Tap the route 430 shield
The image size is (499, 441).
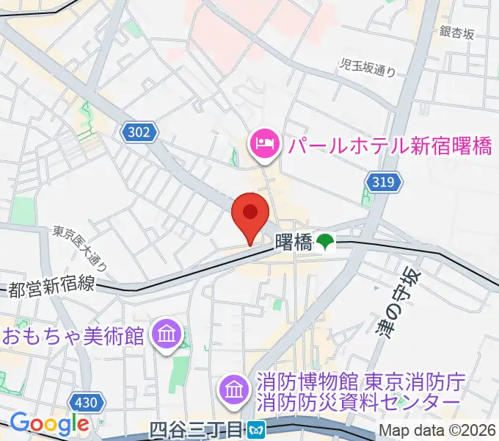point(86,402)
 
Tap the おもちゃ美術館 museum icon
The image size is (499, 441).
point(166,335)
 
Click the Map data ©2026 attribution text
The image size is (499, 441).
point(437,431)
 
